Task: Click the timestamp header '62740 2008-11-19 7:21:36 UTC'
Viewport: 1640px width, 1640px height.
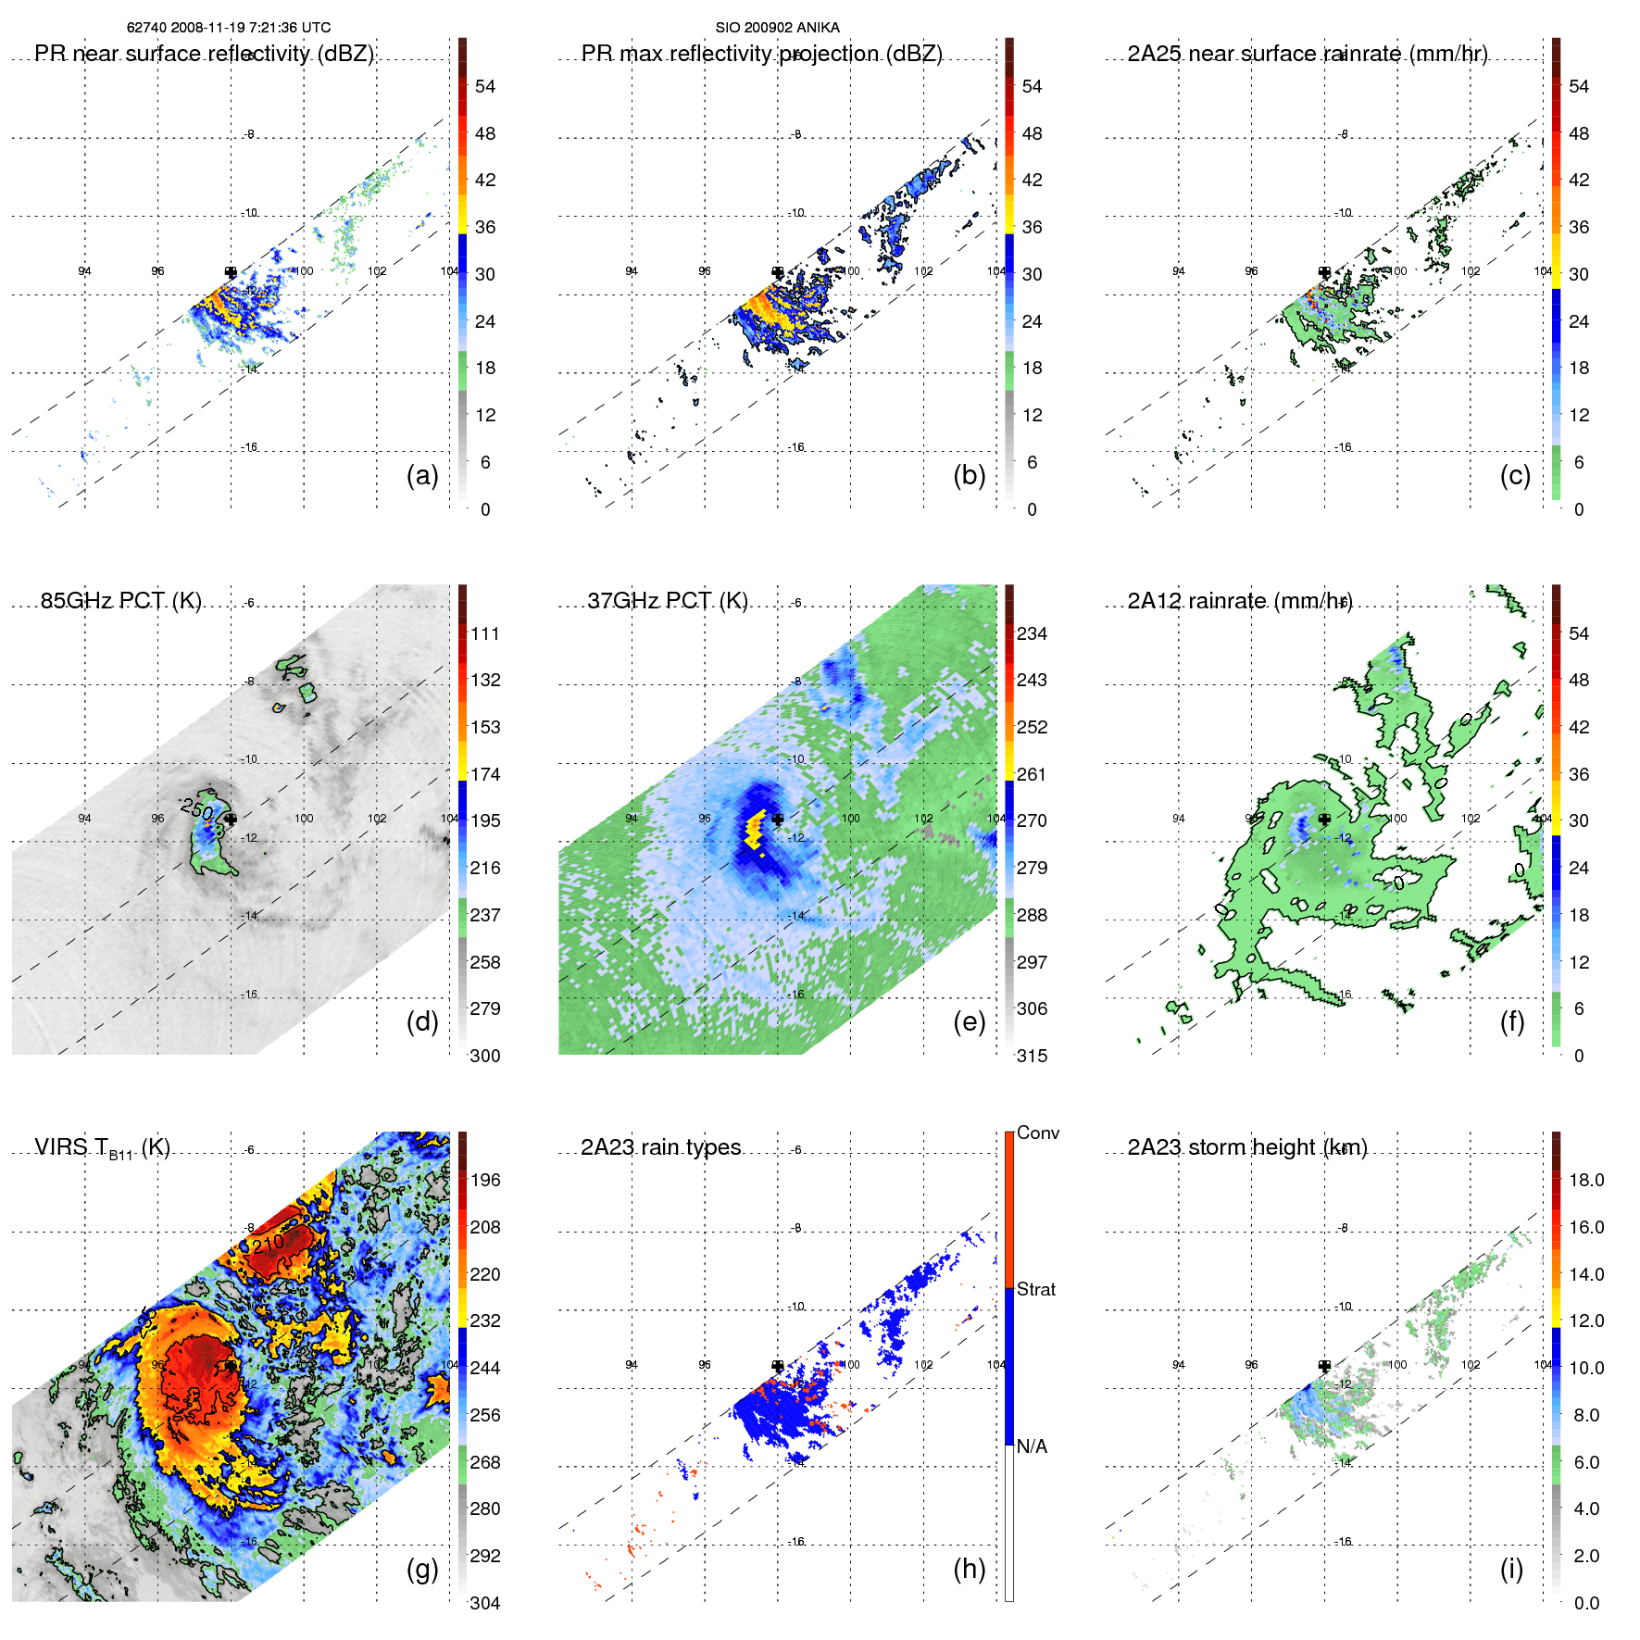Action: (x=229, y=28)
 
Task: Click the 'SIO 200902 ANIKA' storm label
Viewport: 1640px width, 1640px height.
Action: (x=777, y=28)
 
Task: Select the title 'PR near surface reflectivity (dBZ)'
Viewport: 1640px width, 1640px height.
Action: (x=204, y=54)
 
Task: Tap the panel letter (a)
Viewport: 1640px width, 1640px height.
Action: (x=422, y=475)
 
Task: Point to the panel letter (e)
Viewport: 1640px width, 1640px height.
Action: (x=969, y=1021)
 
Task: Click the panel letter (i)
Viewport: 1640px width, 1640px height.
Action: (x=1511, y=1569)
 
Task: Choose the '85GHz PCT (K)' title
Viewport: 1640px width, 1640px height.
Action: (x=120, y=601)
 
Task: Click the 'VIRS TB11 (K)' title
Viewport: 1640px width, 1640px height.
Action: (x=102, y=1148)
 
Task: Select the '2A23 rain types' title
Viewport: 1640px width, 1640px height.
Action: (x=660, y=1147)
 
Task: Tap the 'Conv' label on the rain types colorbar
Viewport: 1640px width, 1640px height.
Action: (x=1038, y=1133)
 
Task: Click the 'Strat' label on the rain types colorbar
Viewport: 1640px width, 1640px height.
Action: (x=1036, y=1289)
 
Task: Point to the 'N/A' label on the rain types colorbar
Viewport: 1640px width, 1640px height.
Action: (x=1032, y=1446)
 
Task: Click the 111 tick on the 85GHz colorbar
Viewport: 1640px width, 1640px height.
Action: (x=485, y=633)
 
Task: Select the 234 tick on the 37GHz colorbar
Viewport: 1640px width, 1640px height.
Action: (x=1032, y=633)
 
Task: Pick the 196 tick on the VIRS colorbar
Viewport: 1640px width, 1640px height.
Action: (x=485, y=1180)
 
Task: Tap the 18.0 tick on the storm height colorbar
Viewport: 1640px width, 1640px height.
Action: (x=1586, y=1180)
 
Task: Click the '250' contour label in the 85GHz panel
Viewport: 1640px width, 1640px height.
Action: (x=197, y=808)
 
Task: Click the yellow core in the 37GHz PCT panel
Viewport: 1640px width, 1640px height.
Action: (x=754, y=829)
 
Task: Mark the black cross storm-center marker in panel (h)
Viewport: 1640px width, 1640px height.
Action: (x=778, y=1366)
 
